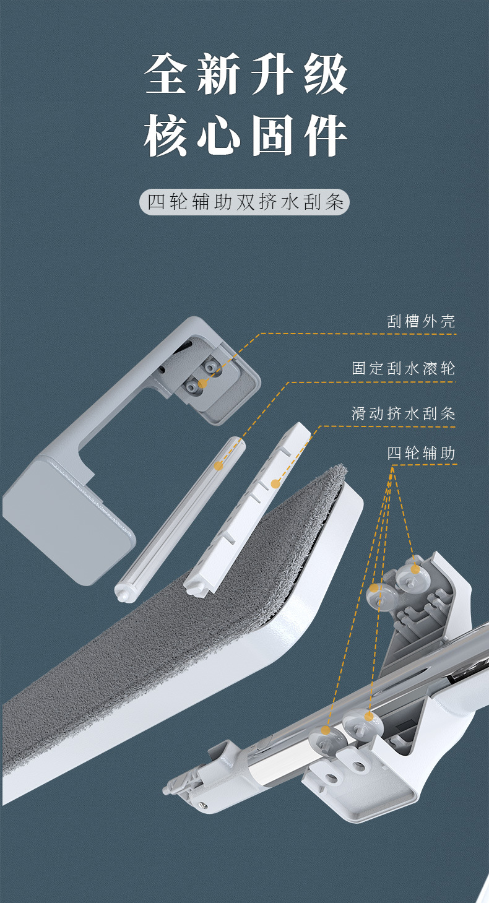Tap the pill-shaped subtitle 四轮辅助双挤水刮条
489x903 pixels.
(x=244, y=202)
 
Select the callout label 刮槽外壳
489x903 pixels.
(x=421, y=321)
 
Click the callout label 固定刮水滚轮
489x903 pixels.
(x=404, y=368)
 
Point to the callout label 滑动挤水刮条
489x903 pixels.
(x=404, y=413)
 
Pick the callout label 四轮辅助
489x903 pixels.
(x=421, y=453)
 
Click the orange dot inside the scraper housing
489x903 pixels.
(x=202, y=384)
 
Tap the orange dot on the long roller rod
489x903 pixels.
(x=219, y=465)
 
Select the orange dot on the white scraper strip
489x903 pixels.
(x=275, y=483)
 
